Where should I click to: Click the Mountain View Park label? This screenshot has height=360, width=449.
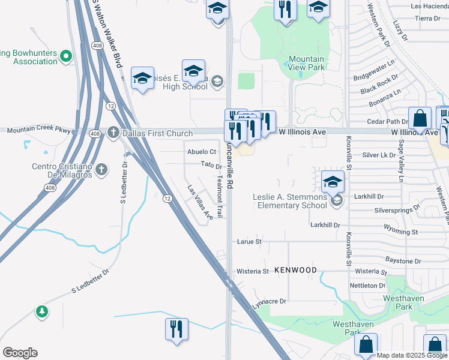306,64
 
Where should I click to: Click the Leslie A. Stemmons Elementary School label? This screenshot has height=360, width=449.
289,201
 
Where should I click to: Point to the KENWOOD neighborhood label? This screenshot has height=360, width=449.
295,271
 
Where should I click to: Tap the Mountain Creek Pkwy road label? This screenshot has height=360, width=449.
39,130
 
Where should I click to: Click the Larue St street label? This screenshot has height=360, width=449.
250,242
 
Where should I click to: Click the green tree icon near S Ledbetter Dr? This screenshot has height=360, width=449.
41,311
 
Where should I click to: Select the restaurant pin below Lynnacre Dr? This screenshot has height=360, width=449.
176,329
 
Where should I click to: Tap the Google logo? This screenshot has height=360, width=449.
20,353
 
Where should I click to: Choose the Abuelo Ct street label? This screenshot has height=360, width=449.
201,152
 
